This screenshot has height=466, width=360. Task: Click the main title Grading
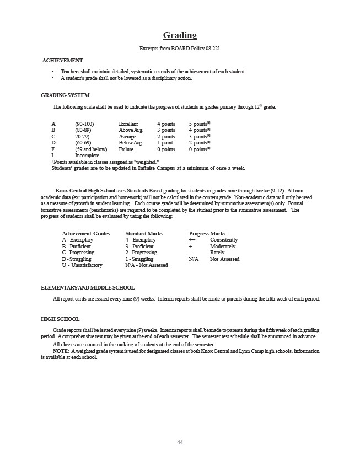pyautogui.click(x=180, y=35)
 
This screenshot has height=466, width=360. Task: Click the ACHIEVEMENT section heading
pyautogui.click(x=63, y=60)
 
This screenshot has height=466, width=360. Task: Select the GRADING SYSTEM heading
pyautogui.click(x=65, y=95)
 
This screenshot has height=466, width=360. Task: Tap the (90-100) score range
pyautogui.click(x=84, y=124)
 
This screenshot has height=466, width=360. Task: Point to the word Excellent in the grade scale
pyautogui.click(x=128, y=124)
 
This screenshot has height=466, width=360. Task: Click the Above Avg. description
pyautogui.click(x=131, y=130)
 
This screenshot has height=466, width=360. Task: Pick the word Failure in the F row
pyautogui.click(x=127, y=149)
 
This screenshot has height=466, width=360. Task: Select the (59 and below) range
pyautogui.click(x=91, y=149)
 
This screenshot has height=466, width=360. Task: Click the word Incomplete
pyautogui.click(x=87, y=156)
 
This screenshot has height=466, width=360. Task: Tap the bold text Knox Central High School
pyautogui.click(x=85, y=190)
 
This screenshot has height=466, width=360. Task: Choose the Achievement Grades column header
pyautogui.click(x=86, y=234)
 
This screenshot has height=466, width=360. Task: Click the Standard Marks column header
pyautogui.click(x=144, y=234)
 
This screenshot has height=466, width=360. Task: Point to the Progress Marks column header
pyautogui.click(x=207, y=234)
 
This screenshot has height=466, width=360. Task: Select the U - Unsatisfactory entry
pyautogui.click(x=82, y=265)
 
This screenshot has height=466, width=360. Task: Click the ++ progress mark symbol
pyautogui.click(x=192, y=240)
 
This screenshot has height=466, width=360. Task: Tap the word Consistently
pyautogui.click(x=224, y=240)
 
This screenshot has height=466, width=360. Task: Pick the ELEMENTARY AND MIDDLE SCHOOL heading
pyautogui.click(x=88, y=287)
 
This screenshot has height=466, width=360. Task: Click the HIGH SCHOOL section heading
pyautogui.click(x=60, y=319)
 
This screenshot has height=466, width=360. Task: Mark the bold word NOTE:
pyautogui.click(x=61, y=351)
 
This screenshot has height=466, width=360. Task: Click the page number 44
pyautogui.click(x=180, y=442)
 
